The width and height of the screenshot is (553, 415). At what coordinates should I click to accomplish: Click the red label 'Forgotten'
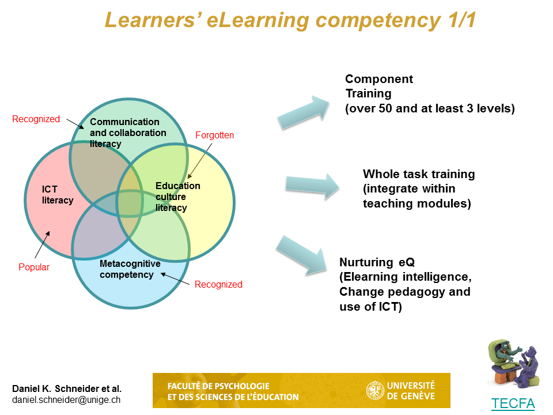point(214,135)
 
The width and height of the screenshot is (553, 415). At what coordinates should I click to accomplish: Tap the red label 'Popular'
point(34,267)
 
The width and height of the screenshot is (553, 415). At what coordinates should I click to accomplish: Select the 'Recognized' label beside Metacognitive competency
point(218,284)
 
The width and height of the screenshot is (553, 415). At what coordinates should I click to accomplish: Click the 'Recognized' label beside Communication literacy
point(36,119)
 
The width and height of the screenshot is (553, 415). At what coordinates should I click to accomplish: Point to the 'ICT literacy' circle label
point(58,195)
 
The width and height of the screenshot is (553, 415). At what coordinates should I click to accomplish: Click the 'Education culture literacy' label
point(178,197)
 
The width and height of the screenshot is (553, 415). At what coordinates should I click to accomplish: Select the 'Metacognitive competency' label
point(130,269)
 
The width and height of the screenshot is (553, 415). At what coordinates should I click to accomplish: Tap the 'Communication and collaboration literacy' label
point(128,133)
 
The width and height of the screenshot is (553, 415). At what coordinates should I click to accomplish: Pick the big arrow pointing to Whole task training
point(312,186)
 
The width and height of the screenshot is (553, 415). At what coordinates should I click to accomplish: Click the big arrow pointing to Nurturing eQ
point(302,255)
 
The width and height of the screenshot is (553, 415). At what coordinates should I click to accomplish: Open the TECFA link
point(513,403)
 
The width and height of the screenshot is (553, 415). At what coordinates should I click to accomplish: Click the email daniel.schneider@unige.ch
point(66,400)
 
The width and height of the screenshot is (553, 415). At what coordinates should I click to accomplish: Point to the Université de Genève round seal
point(375,390)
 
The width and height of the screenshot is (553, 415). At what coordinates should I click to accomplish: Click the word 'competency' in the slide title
point(378,21)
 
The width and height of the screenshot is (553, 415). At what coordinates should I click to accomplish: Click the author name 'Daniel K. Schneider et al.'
point(67,388)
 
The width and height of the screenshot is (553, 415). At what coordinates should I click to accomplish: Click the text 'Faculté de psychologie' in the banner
point(218,386)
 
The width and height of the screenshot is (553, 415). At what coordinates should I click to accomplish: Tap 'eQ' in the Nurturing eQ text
point(407,262)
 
